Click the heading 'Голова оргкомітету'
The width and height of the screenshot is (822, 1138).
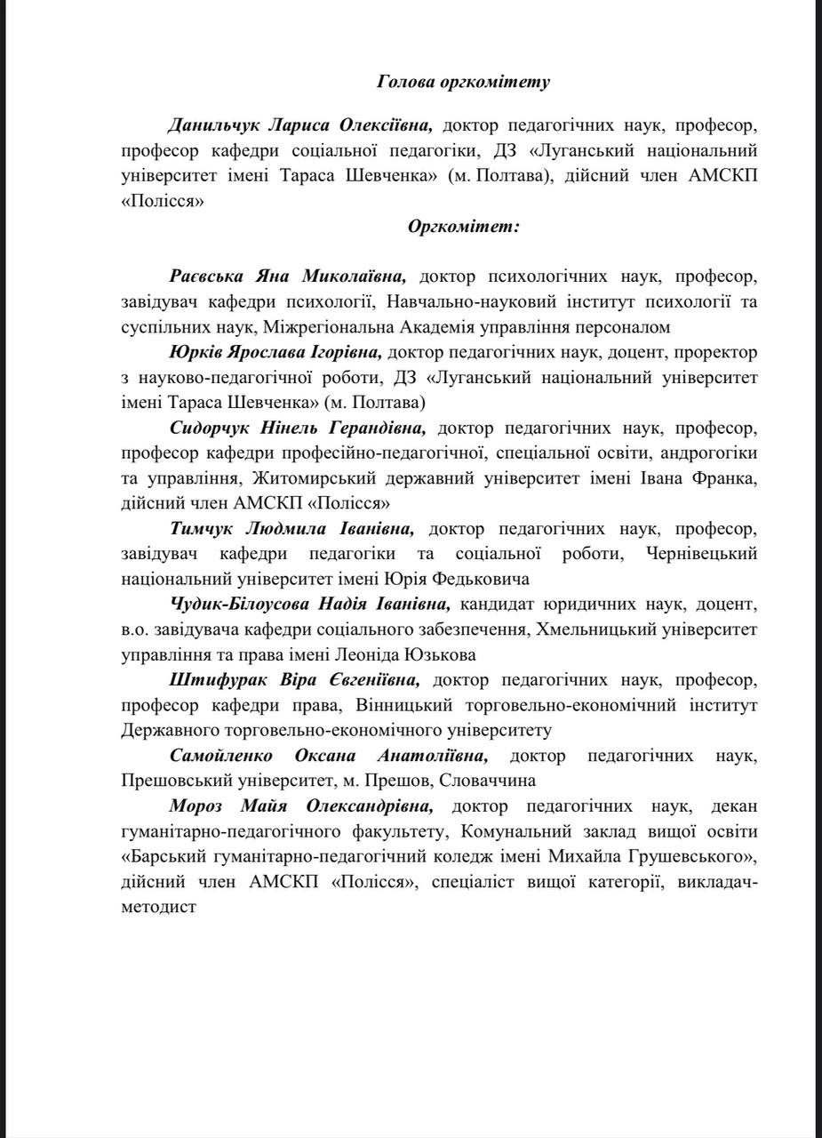[463, 82]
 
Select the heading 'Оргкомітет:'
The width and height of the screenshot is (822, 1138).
[463, 226]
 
